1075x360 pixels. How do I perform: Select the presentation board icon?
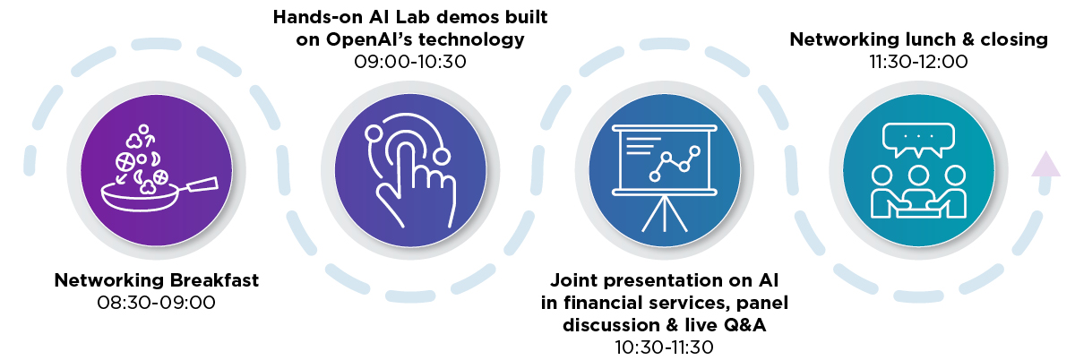pos(665,177)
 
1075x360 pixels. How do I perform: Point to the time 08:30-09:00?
pos(157,303)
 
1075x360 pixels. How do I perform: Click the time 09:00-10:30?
pos(410,62)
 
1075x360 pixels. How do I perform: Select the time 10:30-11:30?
pos(665,347)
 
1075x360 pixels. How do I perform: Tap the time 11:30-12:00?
pos(918,62)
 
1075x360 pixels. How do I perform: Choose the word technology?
pos(471,40)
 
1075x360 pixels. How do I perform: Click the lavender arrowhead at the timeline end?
pos(1045,164)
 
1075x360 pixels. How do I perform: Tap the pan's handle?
pos(202,184)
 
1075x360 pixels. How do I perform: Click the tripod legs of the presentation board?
pos(665,214)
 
